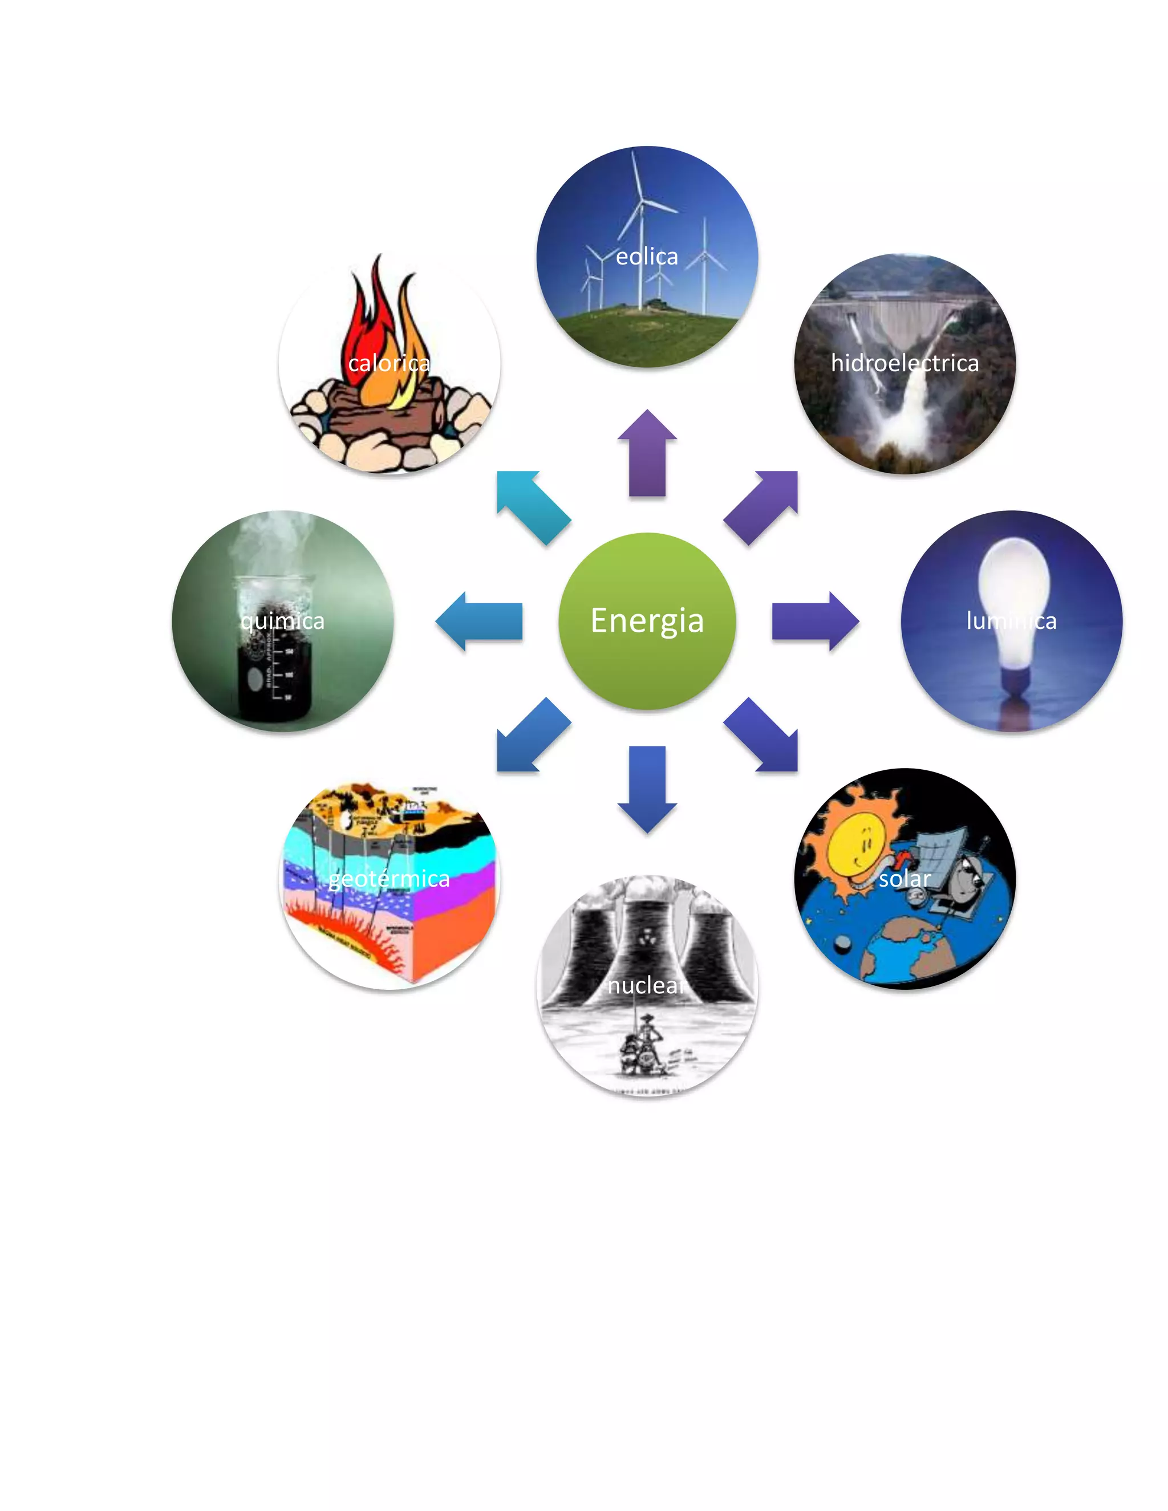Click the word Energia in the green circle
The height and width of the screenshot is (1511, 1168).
(x=647, y=620)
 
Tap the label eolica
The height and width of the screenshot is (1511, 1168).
(x=647, y=257)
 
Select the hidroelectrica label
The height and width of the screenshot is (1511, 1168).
(x=905, y=363)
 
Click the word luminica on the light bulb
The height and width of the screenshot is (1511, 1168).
(x=1011, y=620)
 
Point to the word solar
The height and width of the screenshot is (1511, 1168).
(x=905, y=879)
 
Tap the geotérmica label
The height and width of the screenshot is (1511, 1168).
(x=389, y=879)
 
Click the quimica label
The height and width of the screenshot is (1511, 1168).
(x=282, y=620)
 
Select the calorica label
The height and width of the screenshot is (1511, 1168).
(x=389, y=363)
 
